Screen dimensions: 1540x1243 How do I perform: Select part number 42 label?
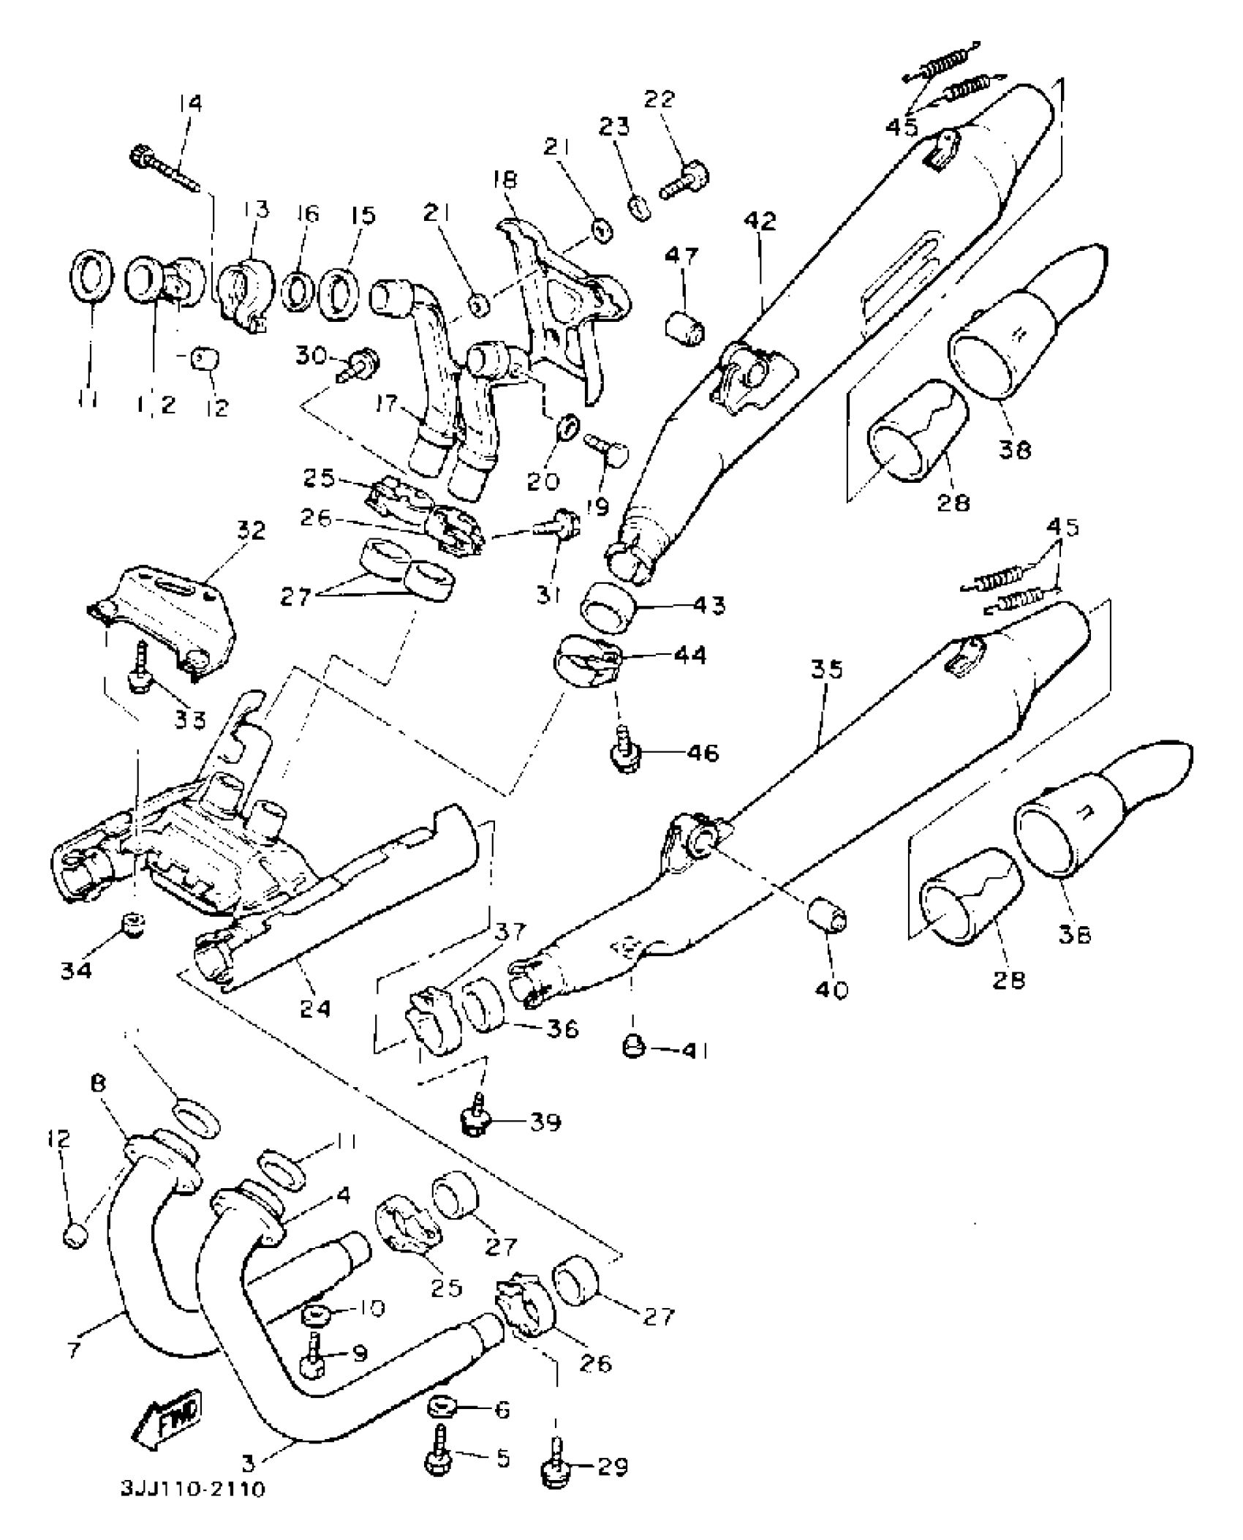(760, 221)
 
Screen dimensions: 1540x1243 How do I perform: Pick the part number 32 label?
(250, 532)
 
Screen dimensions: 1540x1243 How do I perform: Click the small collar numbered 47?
(686, 325)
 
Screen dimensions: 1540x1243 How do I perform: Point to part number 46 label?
(702, 753)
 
